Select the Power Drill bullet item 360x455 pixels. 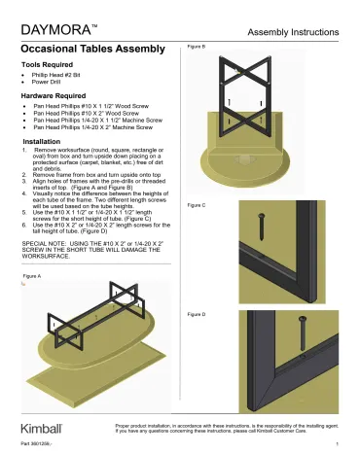[54, 85]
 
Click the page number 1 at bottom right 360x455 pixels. [335, 444]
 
